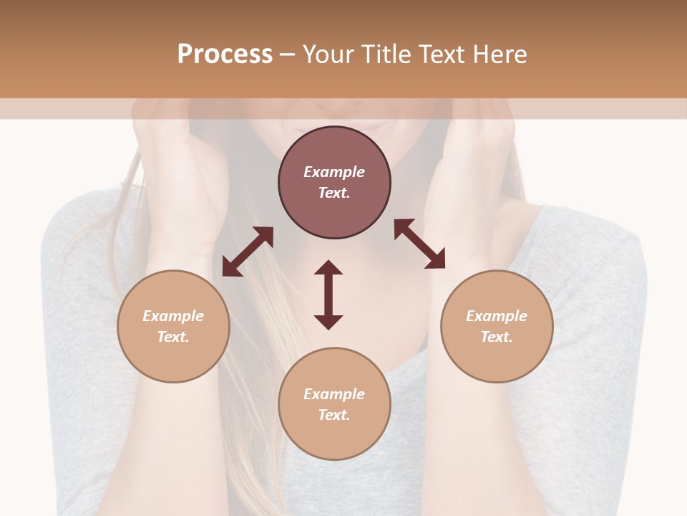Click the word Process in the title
tap(225, 54)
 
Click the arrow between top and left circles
tap(248, 252)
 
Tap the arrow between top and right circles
tap(419, 244)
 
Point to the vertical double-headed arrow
tap(328, 295)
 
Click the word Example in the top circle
tap(334, 172)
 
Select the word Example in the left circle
tap(173, 316)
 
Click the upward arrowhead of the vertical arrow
tap(328, 267)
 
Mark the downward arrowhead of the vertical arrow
tap(328, 322)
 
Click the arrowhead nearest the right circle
tap(436, 259)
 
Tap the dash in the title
tap(288, 55)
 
